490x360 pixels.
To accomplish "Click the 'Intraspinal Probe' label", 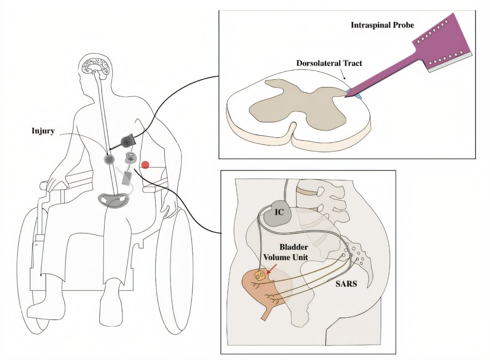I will (x=382, y=25).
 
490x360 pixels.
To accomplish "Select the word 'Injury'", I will (x=43, y=131).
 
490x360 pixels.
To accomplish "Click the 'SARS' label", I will (x=346, y=284).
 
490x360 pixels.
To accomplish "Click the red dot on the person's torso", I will (x=145, y=165).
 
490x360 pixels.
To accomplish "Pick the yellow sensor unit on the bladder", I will (x=261, y=275).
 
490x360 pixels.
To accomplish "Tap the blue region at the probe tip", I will (x=353, y=94).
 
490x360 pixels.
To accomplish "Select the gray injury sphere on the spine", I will (x=109, y=159).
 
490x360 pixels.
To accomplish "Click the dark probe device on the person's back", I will (x=127, y=142).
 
